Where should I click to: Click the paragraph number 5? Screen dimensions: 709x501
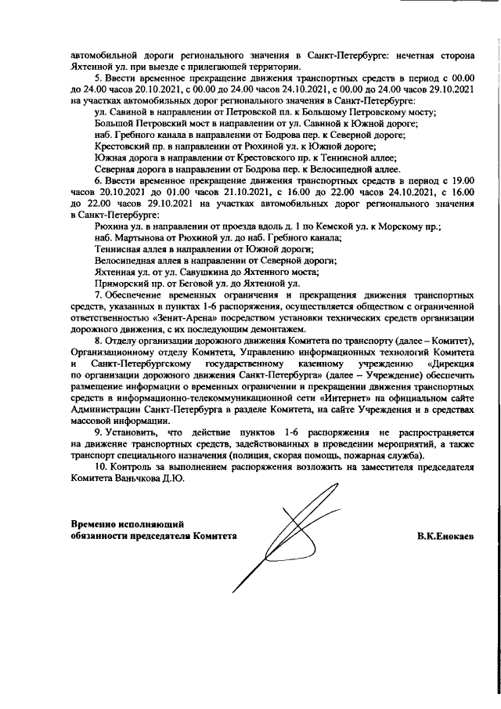[97, 79]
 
